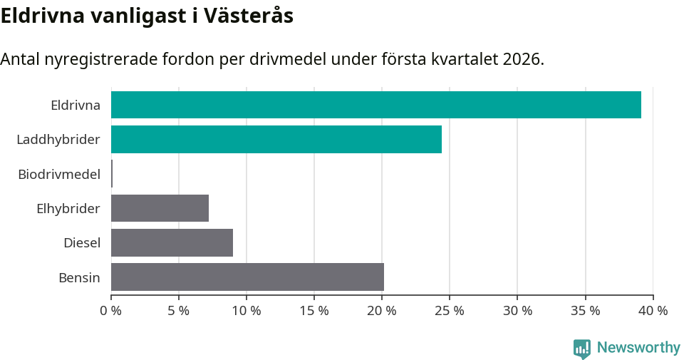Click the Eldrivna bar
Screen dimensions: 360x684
click(x=375, y=105)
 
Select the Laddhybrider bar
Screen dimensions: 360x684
click(x=276, y=139)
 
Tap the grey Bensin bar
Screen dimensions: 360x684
click(x=247, y=277)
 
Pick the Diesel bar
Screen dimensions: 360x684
click(x=172, y=242)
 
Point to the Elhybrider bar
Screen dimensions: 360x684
click(x=160, y=208)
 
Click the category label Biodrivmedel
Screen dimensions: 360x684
click(x=59, y=174)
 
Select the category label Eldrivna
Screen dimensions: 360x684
click(x=76, y=106)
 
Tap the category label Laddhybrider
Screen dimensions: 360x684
click(x=58, y=140)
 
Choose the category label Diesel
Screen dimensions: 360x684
click(x=82, y=243)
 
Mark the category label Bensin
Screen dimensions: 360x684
click(x=79, y=277)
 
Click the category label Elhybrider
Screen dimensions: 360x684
click(x=68, y=209)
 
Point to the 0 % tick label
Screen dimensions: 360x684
click(x=111, y=311)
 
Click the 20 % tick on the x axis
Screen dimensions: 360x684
click(x=382, y=311)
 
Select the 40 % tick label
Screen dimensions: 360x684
click(x=653, y=311)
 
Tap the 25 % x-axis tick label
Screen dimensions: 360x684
click(x=450, y=311)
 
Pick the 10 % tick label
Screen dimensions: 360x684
click(x=247, y=311)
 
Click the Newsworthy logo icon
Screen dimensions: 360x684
click(x=582, y=349)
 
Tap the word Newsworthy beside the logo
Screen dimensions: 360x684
click(x=638, y=348)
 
